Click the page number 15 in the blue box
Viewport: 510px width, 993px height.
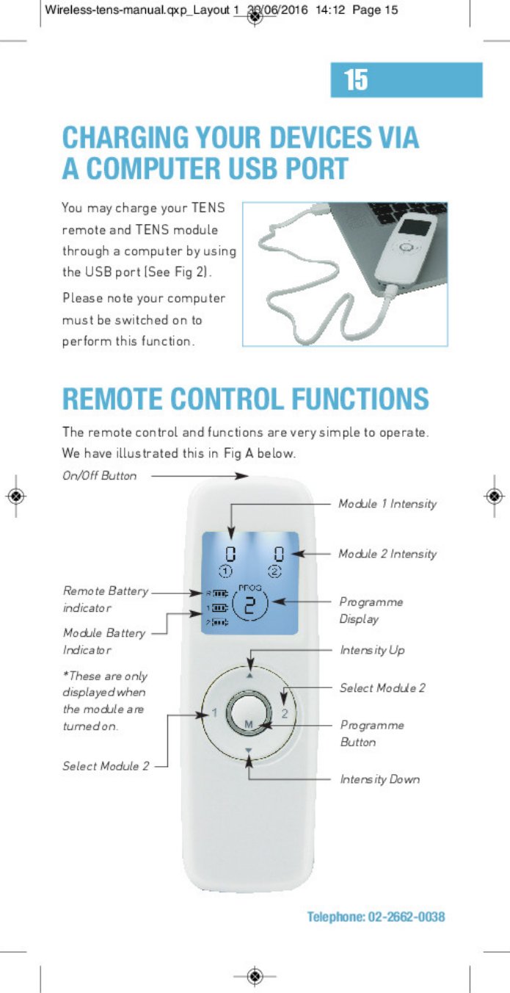click(356, 79)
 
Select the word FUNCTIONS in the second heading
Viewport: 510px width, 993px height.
click(360, 399)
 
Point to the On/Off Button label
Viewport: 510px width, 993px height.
click(100, 476)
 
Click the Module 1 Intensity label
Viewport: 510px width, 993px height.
click(387, 504)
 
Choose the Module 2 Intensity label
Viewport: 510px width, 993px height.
click(387, 554)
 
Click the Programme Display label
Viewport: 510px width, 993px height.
click(371, 610)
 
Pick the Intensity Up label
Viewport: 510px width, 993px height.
click(372, 650)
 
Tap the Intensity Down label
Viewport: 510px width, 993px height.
click(379, 779)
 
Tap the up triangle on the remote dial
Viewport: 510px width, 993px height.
click(249, 676)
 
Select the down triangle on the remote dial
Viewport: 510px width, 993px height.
click(249, 750)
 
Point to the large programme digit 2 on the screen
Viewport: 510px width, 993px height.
click(249, 605)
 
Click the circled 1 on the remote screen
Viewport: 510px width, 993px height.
click(227, 571)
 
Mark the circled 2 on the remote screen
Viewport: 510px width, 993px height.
click(275, 571)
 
